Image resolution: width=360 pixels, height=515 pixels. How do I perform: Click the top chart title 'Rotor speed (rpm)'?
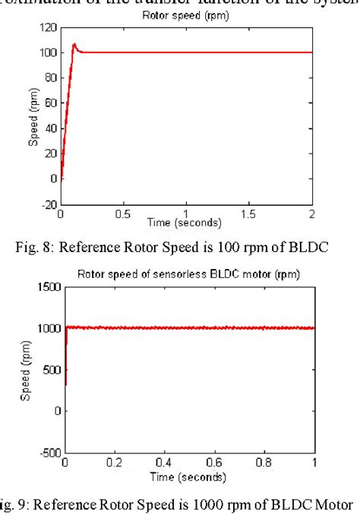click(186, 16)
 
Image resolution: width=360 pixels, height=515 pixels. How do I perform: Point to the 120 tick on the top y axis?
click(49, 27)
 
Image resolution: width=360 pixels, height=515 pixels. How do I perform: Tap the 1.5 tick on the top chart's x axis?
click(249, 214)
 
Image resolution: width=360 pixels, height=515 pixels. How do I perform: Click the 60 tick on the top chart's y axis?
click(52, 103)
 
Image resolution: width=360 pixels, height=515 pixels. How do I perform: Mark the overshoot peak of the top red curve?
click(74, 45)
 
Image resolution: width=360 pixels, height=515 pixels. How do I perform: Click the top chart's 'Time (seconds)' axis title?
click(186, 223)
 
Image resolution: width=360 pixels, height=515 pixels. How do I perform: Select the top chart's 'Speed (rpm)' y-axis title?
click(33, 115)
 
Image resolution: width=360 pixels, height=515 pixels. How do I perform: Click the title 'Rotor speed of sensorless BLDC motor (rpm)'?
click(189, 275)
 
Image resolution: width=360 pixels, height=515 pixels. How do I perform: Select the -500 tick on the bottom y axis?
click(47, 453)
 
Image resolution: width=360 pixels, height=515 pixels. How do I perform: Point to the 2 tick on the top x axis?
click(312, 214)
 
